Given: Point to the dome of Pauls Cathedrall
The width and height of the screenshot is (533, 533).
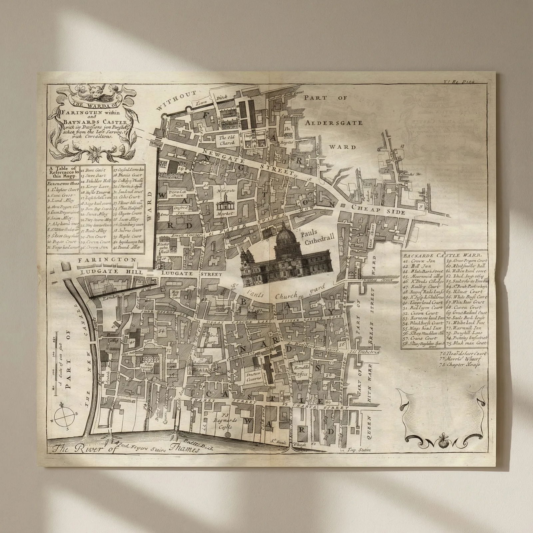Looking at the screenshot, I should click(x=287, y=233).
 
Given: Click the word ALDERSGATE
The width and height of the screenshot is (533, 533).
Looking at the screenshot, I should click(x=333, y=123).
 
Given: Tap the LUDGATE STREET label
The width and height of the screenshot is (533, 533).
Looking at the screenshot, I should click(x=191, y=273).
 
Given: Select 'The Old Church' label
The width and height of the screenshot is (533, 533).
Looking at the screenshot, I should click(x=227, y=140).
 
